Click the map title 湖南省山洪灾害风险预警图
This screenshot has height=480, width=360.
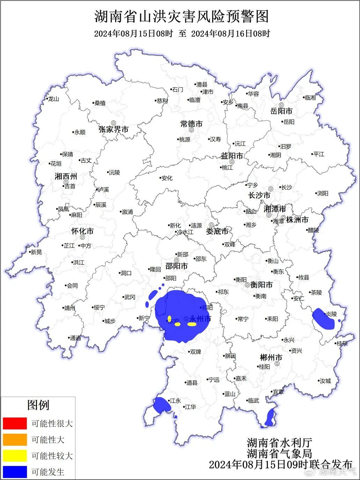tap(182, 16)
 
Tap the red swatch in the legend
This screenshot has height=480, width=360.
tap(15, 423)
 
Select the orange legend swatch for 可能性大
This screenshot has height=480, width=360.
tap(15, 440)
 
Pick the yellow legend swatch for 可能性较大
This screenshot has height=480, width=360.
tap(15, 456)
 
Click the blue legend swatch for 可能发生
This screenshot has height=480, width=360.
tap(15, 472)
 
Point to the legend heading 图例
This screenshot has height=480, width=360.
tap(38, 405)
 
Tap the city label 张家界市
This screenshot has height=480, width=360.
tap(113, 130)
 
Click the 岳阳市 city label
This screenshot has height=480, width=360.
tap(281, 111)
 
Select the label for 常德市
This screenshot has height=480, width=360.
tap(191, 124)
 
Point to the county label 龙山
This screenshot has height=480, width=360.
tap(53, 99)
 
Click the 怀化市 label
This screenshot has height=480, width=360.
tap(82, 231)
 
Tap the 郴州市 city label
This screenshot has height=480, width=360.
tap(271, 357)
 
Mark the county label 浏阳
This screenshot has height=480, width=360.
tap(322, 193)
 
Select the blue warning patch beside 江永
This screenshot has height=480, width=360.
tap(162, 405)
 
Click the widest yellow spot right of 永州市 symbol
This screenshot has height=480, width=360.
tap(192, 324)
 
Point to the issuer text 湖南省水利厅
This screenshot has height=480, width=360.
tap(279, 443)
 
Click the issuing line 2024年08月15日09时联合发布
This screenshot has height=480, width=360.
tap(281, 464)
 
